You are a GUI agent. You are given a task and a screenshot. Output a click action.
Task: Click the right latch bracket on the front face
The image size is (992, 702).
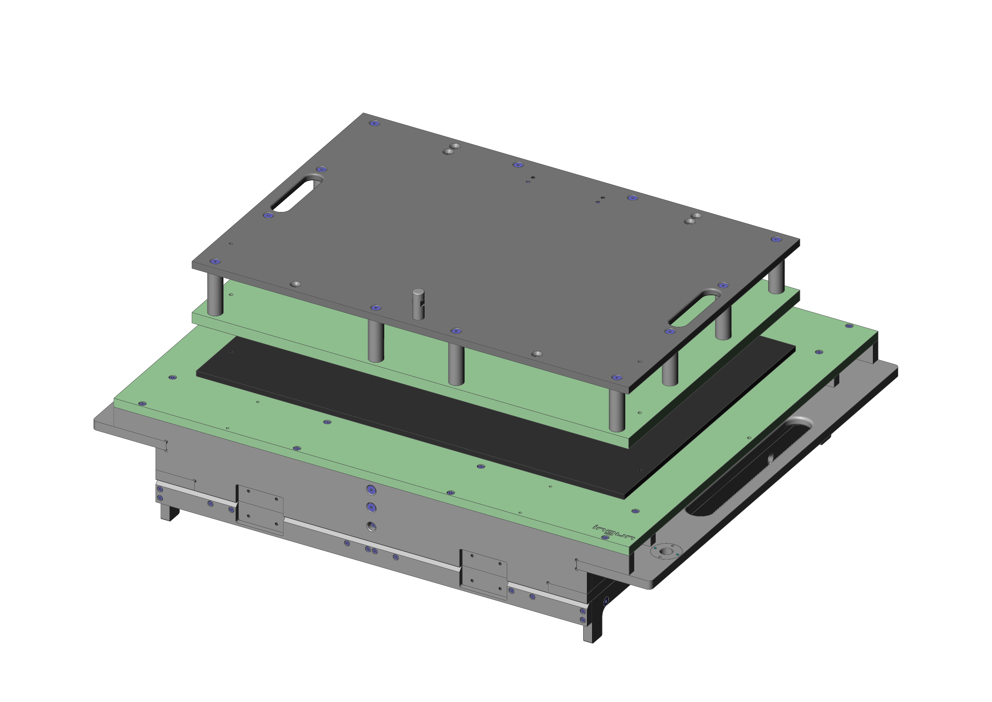[483, 575]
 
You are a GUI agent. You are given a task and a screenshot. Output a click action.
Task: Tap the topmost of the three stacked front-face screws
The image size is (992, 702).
[371, 489]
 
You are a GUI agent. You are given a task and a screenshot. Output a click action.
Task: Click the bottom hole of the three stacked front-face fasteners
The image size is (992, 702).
[371, 526]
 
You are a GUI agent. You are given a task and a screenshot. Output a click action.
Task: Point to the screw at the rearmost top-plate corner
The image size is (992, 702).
[375, 123]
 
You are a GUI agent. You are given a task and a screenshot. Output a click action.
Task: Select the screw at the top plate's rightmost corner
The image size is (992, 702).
[776, 239]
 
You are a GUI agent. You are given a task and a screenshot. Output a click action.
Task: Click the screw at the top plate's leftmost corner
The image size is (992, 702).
[215, 262]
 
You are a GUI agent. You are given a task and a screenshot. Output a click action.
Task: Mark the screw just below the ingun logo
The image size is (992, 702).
[605, 537]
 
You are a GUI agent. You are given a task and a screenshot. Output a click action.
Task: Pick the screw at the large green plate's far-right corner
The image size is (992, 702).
[849, 326]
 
